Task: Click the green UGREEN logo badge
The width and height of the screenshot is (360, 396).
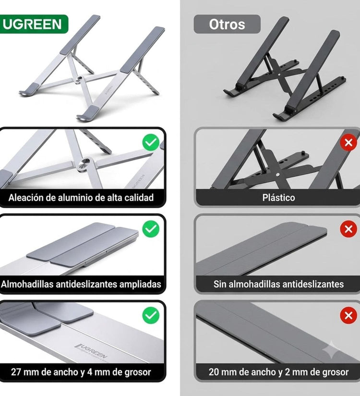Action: click(x=34, y=24)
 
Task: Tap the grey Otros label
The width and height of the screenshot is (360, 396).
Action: click(x=227, y=24)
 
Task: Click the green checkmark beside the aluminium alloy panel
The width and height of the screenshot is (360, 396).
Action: click(x=151, y=142)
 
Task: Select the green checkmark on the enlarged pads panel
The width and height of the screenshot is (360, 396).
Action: click(x=151, y=229)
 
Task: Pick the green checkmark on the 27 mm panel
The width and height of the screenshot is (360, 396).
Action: click(x=151, y=315)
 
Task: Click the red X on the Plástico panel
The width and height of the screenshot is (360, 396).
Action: click(x=348, y=143)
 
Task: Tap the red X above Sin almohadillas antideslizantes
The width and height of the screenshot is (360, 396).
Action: click(x=348, y=229)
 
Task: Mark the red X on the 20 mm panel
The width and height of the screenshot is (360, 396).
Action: click(x=348, y=315)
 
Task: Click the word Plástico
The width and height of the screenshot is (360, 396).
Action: click(x=278, y=198)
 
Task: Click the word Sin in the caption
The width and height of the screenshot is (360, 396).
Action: click(x=220, y=284)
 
